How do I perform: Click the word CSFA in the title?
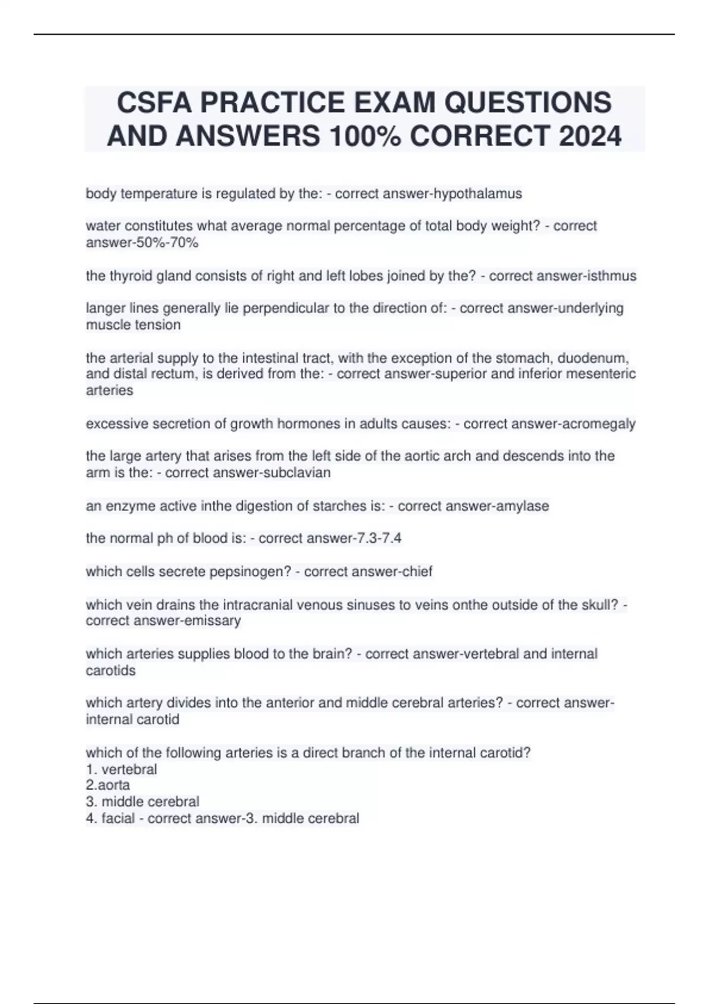154,102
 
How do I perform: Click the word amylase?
522,506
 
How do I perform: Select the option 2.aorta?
108,785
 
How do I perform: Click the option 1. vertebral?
121,770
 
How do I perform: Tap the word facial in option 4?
118,819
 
